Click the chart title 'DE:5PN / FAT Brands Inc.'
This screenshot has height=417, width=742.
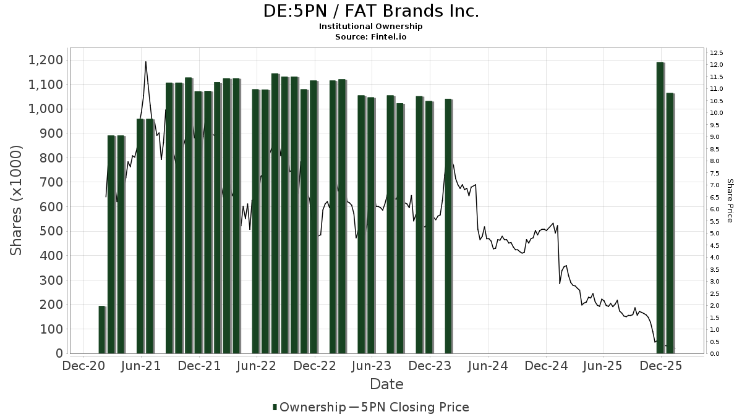371,11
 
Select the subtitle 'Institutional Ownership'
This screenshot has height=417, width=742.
371,27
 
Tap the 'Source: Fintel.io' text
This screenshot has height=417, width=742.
371,36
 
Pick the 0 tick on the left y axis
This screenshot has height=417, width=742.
59,353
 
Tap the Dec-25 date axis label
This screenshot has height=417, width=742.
661,366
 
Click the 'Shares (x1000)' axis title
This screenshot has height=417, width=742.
17,200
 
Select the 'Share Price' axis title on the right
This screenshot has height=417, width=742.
730,200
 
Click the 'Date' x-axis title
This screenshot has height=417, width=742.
386,384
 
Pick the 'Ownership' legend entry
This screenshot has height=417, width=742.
309,407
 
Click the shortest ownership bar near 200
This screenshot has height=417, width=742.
102,329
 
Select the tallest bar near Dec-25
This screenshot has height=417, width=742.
660,208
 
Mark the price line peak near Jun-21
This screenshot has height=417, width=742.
145,62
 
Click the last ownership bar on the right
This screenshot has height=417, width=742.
670,223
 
